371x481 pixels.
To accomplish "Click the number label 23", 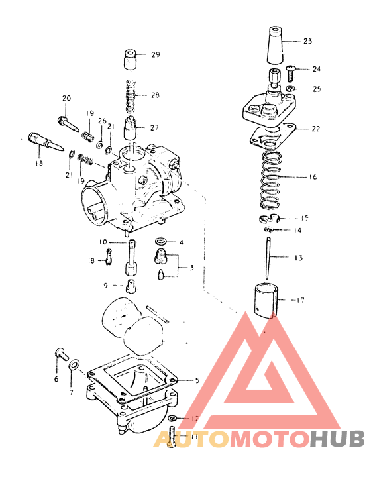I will tap(307, 42).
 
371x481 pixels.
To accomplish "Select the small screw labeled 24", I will tap(292, 69).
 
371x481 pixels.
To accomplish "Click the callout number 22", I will tap(315, 129).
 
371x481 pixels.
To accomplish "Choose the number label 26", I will tap(102, 121).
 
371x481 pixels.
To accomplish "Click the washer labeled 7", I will tap(76, 364).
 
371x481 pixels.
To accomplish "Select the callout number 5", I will tap(197, 380).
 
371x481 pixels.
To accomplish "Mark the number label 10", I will tap(103, 242).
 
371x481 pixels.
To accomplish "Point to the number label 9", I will tap(105, 285).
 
